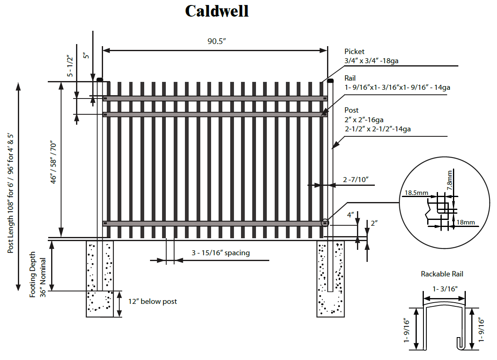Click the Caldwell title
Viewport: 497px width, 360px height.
click(217, 11)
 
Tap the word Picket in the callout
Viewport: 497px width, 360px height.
click(354, 52)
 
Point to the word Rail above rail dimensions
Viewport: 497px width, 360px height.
click(350, 78)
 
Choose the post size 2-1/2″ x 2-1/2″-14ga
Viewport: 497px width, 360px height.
click(377, 129)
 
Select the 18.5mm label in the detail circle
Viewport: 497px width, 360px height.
click(417, 193)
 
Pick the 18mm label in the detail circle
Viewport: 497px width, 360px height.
click(465, 222)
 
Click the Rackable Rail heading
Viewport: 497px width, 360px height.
click(442, 274)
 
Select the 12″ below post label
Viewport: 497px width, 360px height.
click(152, 301)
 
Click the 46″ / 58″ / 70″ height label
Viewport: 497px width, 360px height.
click(52, 160)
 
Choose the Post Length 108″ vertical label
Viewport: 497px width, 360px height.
click(11, 187)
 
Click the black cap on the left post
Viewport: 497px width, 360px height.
click(100, 79)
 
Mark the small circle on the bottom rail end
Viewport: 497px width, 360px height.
click(325, 223)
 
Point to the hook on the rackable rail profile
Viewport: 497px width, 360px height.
click(461, 343)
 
